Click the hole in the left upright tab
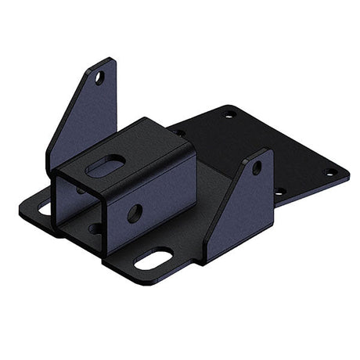[x=99, y=77]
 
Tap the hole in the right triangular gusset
[x=257, y=167]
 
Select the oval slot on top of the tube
[x=107, y=165]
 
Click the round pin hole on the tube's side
[x=135, y=212]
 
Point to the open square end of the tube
[x=78, y=207]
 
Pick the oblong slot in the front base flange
[x=154, y=259]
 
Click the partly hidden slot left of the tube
[x=44, y=208]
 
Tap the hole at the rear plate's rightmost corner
[x=330, y=172]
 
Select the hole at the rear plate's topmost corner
[x=229, y=115]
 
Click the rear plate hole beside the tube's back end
[x=182, y=134]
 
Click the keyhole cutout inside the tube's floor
[x=94, y=229]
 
